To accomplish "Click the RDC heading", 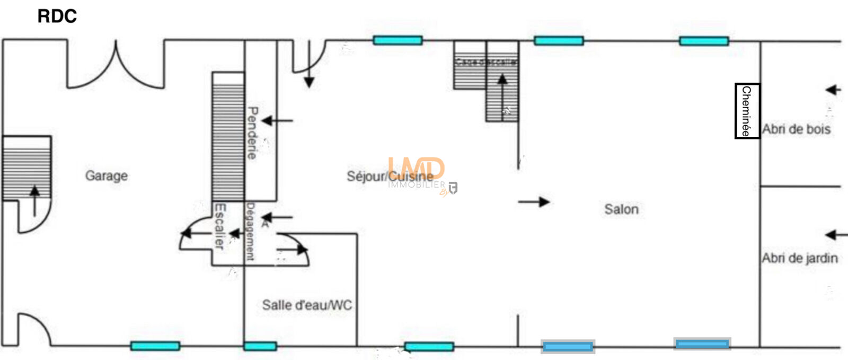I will pos(57,16).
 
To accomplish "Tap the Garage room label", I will pos(107,175).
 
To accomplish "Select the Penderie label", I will pos(252,133).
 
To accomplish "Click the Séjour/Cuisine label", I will pos(390,176).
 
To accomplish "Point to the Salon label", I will pos(621,209).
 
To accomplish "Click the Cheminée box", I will pos(747,111).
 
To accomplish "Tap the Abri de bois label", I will pos(796,129).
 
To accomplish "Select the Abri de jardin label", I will pos(800,259).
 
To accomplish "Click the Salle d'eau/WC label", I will pos(307,305).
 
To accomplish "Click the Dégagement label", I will pos(250,232).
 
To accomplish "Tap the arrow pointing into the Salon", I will pos(534,201).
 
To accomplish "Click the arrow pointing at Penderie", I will pos(277,121).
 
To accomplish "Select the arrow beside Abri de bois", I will pos(833,90).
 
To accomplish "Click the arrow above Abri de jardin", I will pos(836,234).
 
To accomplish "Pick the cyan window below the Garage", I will pos(155,346).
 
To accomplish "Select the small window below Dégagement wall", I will pos(260,346).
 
